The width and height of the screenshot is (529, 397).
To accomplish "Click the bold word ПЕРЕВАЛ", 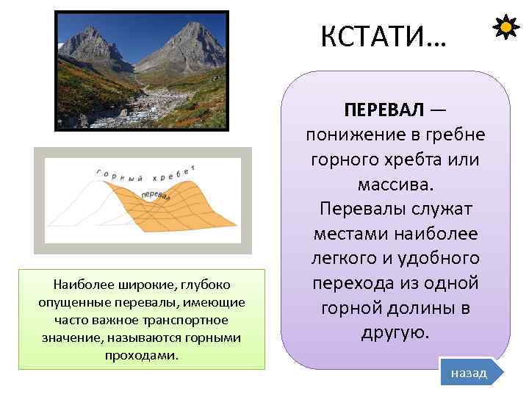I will coord(384,110).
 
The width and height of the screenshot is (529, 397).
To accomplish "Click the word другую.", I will coord(399,332).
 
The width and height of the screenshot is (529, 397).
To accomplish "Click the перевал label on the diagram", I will coord(155,196).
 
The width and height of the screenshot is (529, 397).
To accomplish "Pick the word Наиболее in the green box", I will coord(79,284).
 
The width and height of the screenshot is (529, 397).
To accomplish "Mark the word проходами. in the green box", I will coord(141,355).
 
